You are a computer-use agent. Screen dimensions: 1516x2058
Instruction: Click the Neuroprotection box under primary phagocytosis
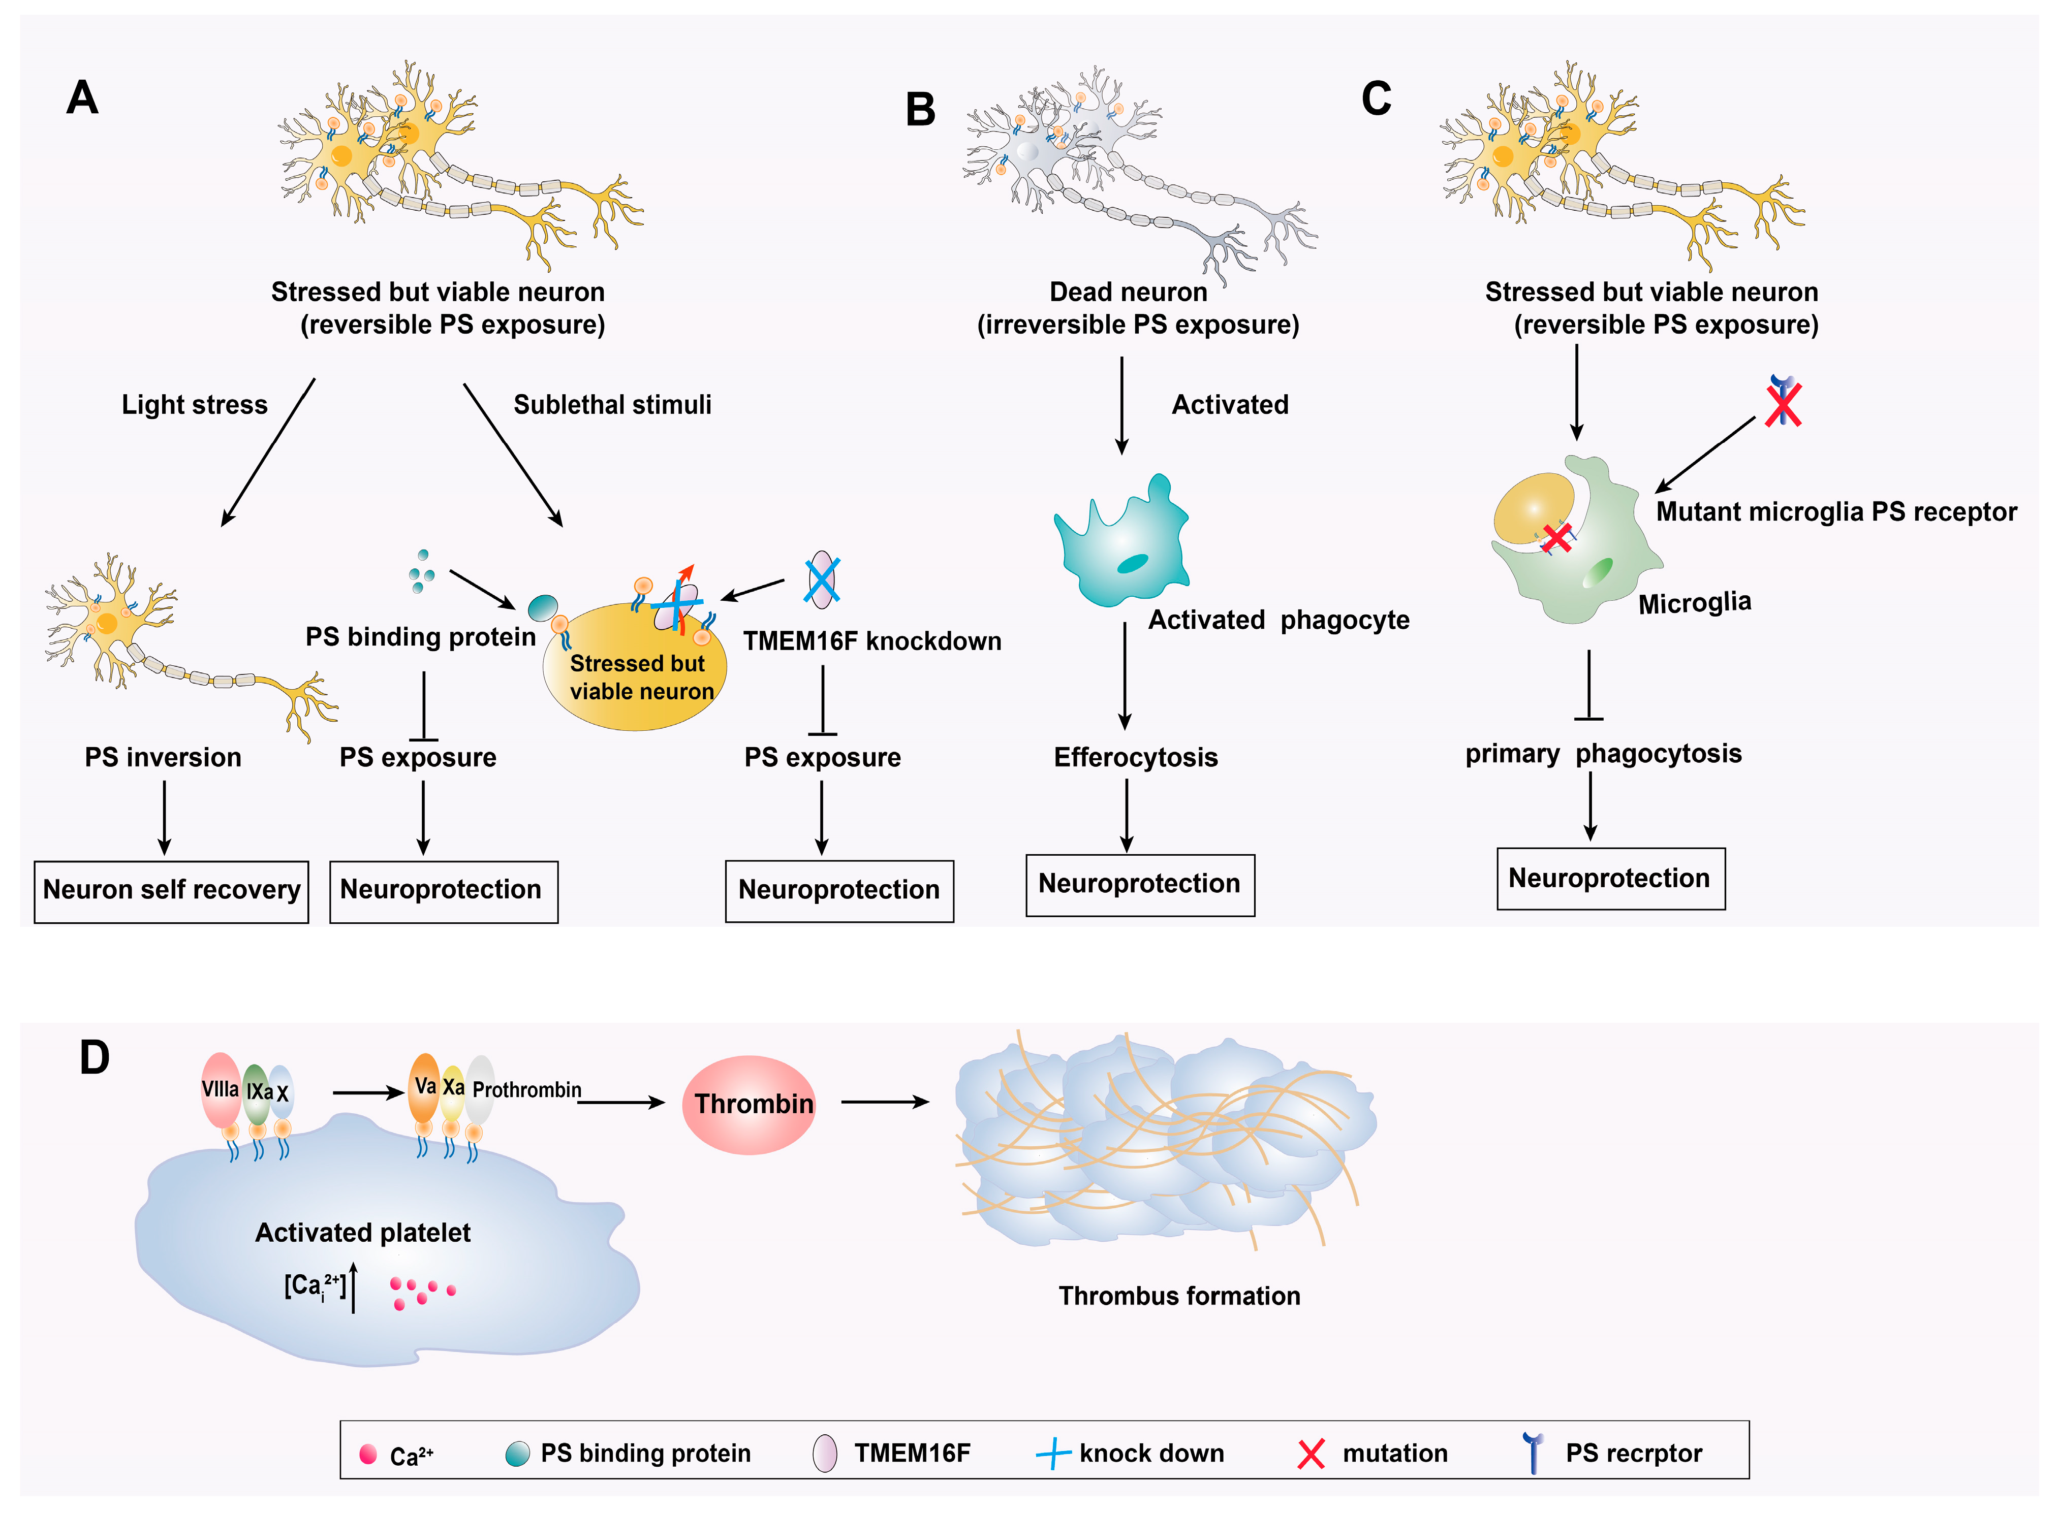click(x=1609, y=878)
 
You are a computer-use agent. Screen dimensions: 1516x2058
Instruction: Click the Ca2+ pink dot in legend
click(x=368, y=1454)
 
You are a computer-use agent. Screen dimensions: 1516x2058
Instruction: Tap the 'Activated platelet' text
click(x=363, y=1233)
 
